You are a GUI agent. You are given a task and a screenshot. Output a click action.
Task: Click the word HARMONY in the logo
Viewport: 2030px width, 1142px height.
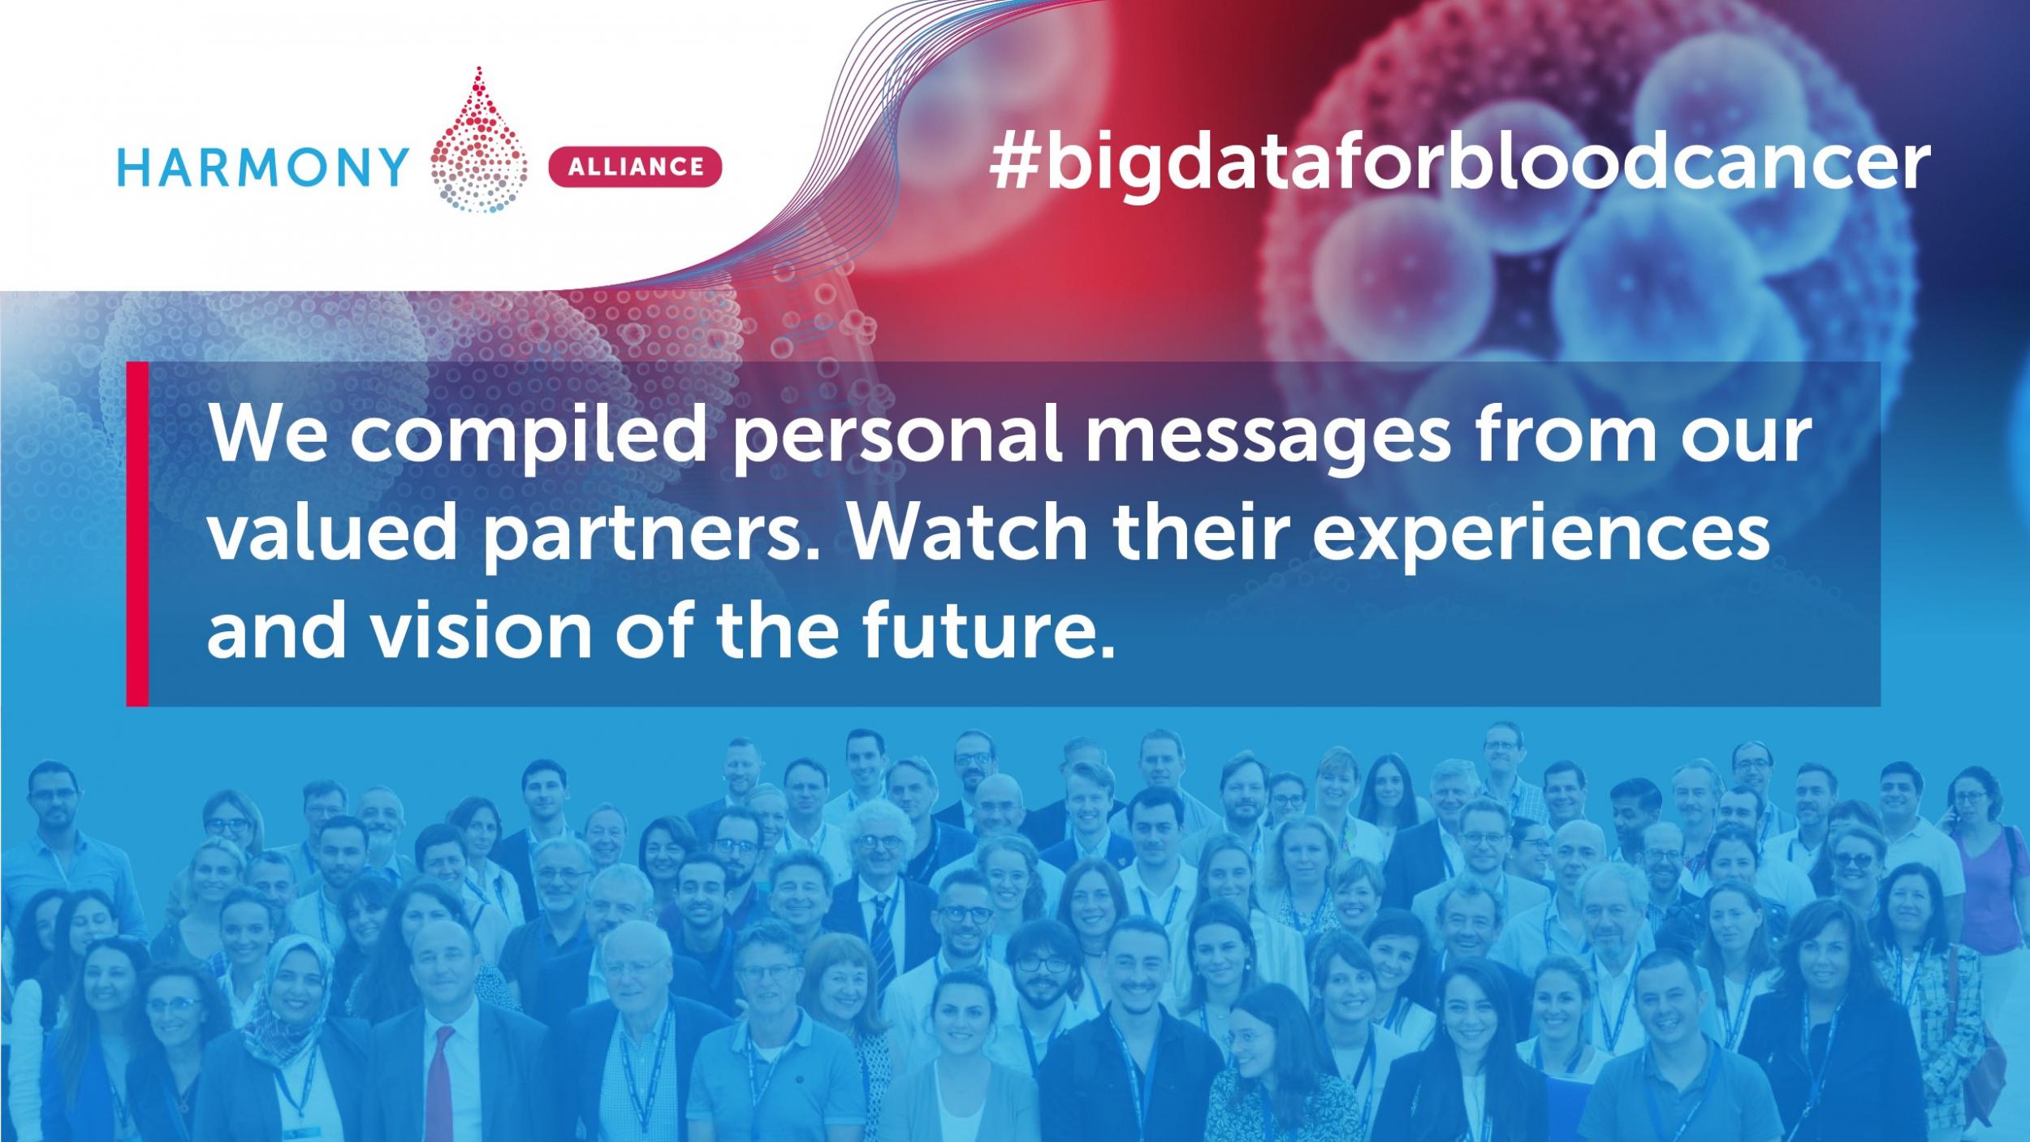263,167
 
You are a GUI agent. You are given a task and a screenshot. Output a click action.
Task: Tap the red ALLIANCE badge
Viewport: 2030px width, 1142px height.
636,167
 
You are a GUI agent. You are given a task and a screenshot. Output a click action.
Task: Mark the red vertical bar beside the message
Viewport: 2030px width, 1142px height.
137,534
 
